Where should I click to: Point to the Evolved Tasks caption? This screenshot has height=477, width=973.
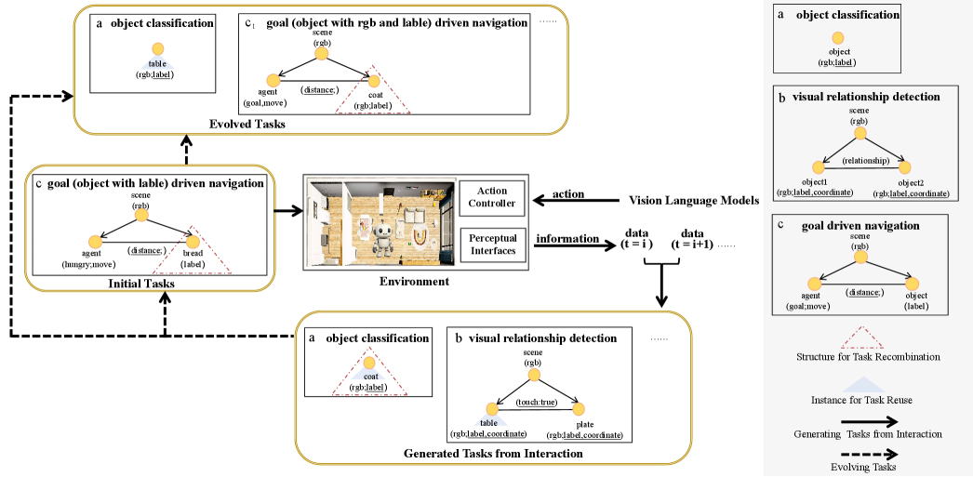coord(247,124)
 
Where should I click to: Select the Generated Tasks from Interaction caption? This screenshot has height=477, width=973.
coord(493,454)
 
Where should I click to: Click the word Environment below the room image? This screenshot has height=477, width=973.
coord(416,281)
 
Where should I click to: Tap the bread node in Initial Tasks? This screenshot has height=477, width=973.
coord(193,240)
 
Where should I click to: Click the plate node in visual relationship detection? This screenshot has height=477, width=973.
coord(579,409)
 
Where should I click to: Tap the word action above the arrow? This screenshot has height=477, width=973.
coord(568,193)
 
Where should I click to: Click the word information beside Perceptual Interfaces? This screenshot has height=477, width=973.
coord(568,239)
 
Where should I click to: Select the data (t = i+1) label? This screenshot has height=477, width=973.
coord(699,239)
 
